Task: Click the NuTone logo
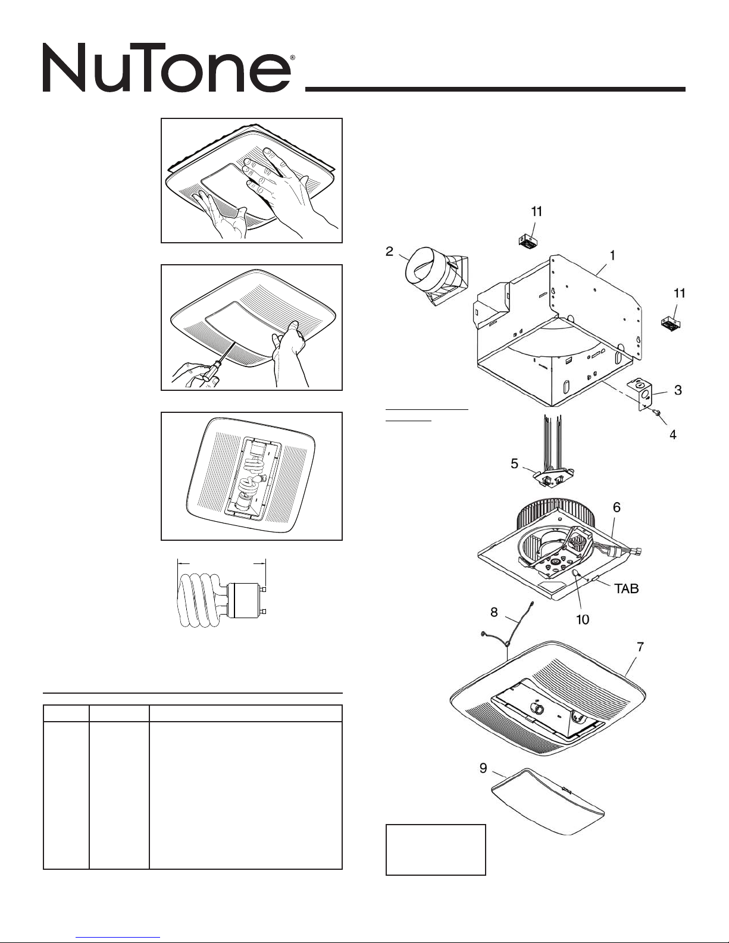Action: [x=167, y=70]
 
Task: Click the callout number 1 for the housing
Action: [x=612, y=255]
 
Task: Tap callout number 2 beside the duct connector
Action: [x=389, y=252]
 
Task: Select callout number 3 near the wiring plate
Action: [x=677, y=390]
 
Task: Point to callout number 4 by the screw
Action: [x=672, y=435]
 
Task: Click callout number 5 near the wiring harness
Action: [x=514, y=464]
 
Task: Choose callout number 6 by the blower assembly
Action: [x=617, y=507]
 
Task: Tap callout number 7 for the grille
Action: [x=640, y=646]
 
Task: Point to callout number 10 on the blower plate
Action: [x=582, y=619]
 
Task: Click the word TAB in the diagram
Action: [x=626, y=589]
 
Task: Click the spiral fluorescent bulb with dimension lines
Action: [x=220, y=599]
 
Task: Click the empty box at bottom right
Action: [x=436, y=849]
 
